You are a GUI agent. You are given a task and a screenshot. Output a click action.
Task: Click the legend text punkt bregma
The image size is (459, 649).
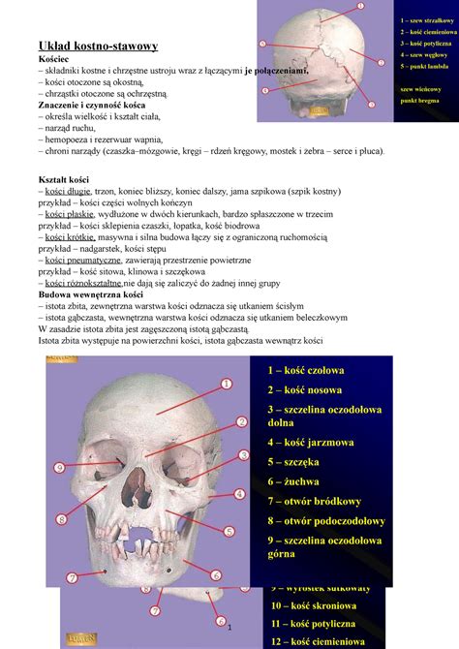point(419,100)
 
